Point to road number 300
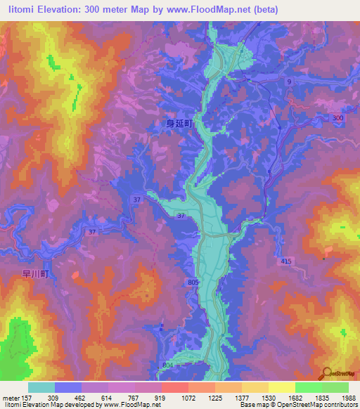pyautogui.click(x=339, y=118)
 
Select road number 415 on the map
pyautogui.click(x=285, y=261)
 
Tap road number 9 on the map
pyautogui.click(x=288, y=82)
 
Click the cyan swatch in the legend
pyautogui.click(x=41, y=387)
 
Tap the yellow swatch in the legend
pyautogui.click(x=282, y=387)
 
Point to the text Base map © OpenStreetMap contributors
pyautogui.click(x=299, y=405)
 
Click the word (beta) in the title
pyautogui.click(x=264, y=10)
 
